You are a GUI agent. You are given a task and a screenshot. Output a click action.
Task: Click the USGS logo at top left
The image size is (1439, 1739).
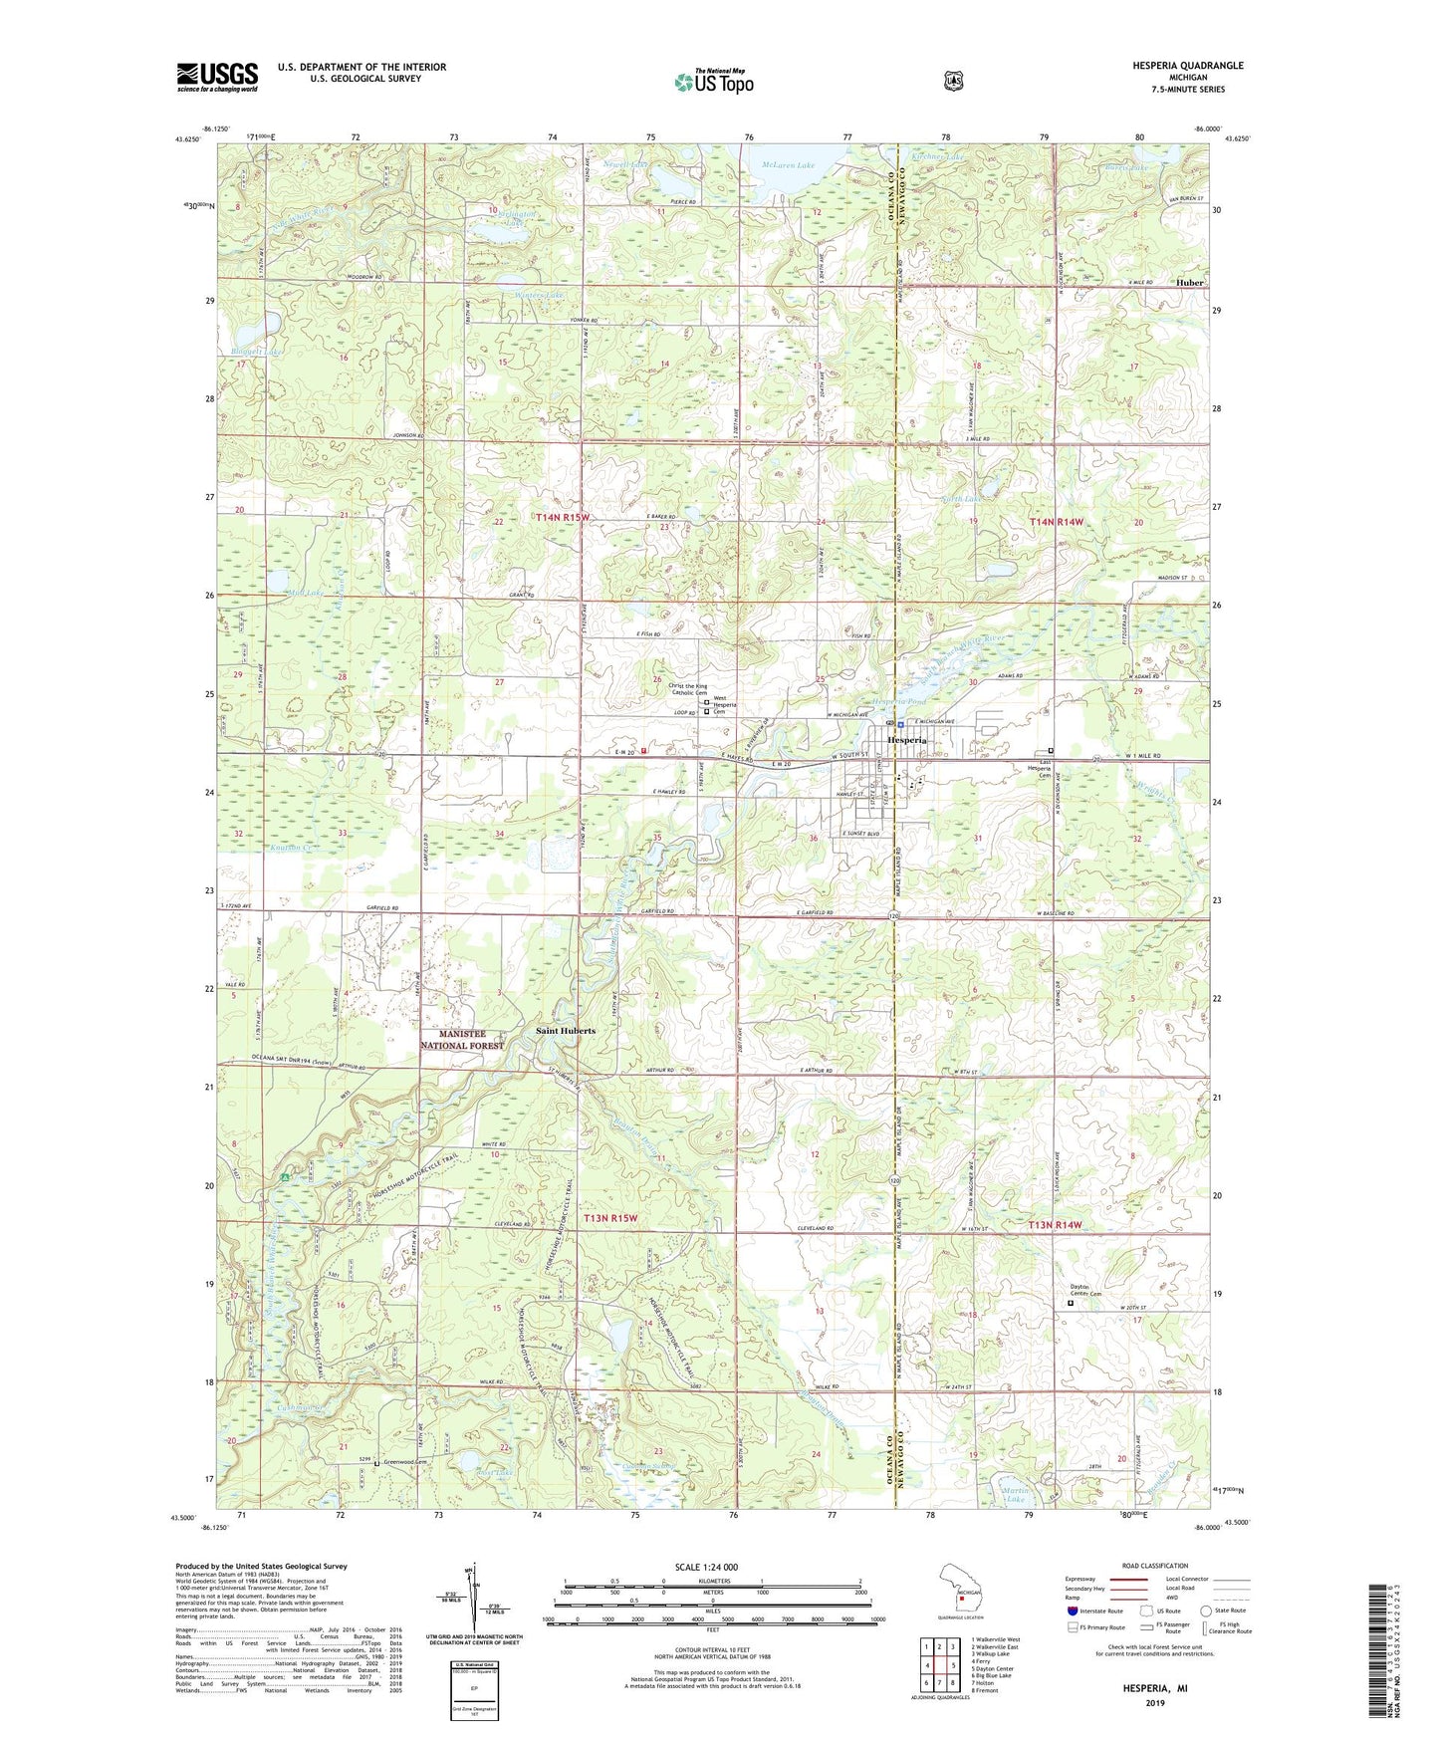[217, 77]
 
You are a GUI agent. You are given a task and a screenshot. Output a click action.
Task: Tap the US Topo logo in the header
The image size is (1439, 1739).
[713, 82]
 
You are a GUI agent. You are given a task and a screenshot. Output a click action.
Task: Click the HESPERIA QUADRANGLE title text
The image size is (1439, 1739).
[1186, 66]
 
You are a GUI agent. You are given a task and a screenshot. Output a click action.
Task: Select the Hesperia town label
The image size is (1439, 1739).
[907, 741]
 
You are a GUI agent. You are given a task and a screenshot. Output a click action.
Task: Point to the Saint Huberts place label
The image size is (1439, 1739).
[566, 1031]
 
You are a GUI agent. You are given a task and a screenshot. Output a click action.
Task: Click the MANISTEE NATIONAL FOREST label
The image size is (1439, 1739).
[461, 1040]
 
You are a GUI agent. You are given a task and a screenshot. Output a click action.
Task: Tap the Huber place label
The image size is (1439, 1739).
[1189, 282]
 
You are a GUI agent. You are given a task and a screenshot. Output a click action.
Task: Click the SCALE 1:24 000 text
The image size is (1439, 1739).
[706, 1567]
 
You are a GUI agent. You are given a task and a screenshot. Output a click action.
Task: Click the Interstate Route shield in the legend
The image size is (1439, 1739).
[1072, 1611]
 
